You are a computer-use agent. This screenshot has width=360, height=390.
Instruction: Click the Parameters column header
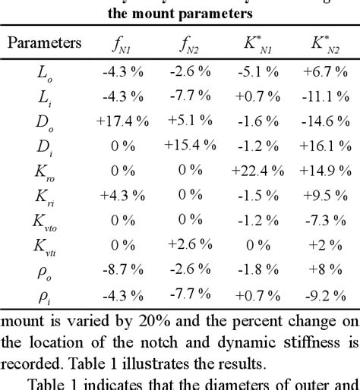coord(44,42)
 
